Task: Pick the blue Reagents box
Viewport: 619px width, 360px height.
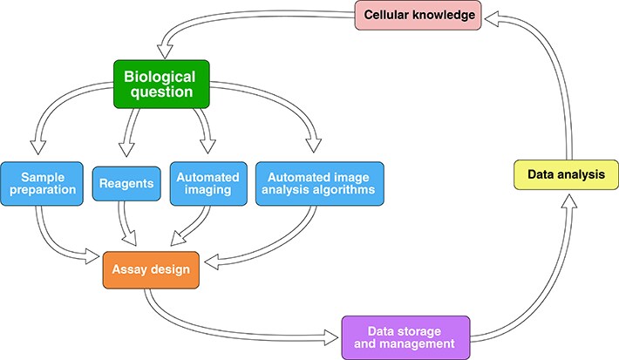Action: (x=126, y=184)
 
